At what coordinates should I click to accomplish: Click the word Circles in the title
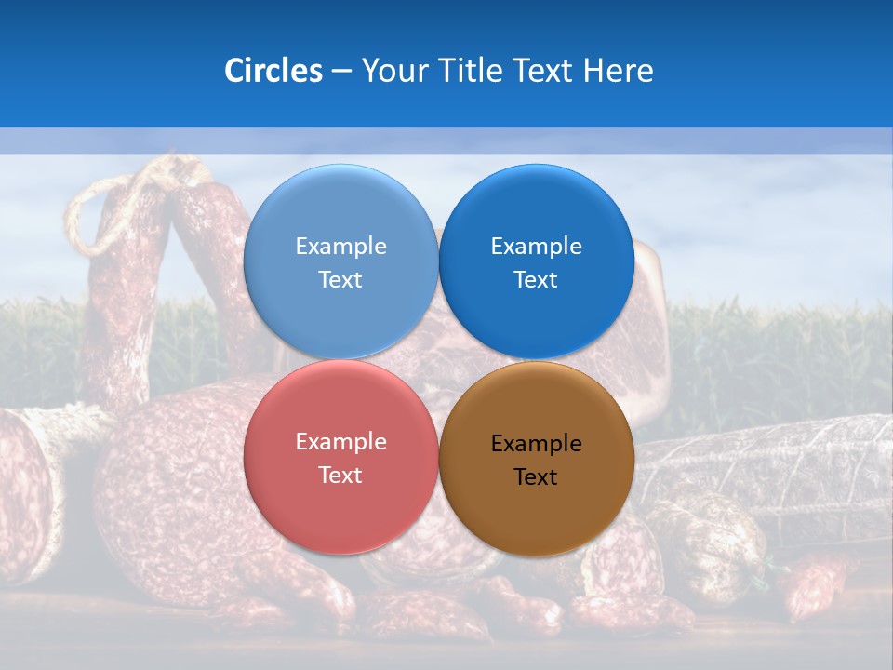(x=273, y=71)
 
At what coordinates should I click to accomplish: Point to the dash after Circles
(x=341, y=72)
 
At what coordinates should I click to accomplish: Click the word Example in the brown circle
(x=536, y=444)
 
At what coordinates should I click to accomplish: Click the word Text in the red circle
(x=340, y=476)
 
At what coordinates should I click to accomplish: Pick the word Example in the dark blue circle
(x=536, y=247)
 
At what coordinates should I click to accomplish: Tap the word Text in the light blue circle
(x=340, y=280)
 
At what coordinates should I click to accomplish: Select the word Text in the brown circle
(x=536, y=477)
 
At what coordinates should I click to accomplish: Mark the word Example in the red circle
(x=340, y=442)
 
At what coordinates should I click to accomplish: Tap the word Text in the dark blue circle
(x=536, y=280)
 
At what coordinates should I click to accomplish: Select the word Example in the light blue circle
(x=340, y=247)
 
